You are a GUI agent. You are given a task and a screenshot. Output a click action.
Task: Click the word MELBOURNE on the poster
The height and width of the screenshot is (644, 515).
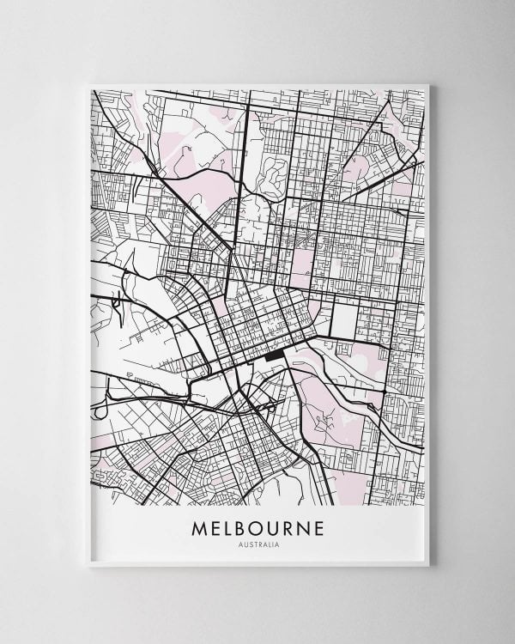(x=257, y=527)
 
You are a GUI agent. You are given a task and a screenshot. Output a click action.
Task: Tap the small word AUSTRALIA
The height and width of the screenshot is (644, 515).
(x=257, y=544)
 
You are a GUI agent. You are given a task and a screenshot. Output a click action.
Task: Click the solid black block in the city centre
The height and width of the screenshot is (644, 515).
(x=276, y=354)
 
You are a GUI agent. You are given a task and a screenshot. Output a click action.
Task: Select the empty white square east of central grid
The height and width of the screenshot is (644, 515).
(x=343, y=320)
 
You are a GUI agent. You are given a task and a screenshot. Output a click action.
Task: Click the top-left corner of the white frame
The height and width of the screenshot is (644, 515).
(x=89, y=85)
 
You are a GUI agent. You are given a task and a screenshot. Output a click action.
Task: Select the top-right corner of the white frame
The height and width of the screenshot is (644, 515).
(x=427, y=85)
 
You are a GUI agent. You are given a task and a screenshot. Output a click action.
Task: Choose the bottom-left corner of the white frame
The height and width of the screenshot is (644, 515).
(x=89, y=564)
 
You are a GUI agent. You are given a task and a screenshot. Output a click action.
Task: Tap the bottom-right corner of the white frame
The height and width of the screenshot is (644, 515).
(x=427, y=564)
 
